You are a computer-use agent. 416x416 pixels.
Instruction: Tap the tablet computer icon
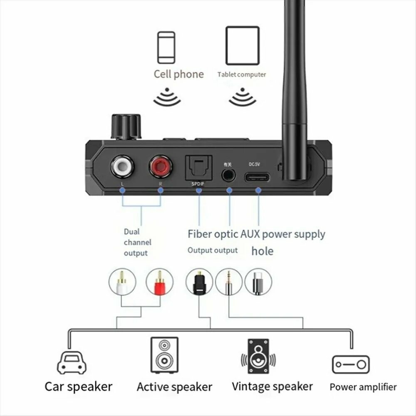[x=242, y=46]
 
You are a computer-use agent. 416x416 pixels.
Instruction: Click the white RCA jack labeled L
[x=122, y=167]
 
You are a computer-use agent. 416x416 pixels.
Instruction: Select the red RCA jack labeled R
[x=161, y=167]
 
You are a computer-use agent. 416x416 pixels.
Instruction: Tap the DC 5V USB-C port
[x=258, y=178]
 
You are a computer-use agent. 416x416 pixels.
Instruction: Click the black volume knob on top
[x=125, y=126]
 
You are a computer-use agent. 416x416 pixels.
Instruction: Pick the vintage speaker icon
[x=258, y=357]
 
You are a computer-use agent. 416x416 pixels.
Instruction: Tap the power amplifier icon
[x=351, y=364]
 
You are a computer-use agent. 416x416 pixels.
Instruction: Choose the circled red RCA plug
[x=159, y=282]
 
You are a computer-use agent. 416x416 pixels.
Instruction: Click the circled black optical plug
[x=199, y=282]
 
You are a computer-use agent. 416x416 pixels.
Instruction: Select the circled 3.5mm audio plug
[x=228, y=282]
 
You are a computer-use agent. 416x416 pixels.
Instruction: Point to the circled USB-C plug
[x=258, y=282]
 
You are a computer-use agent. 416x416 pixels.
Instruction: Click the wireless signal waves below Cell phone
[x=167, y=97]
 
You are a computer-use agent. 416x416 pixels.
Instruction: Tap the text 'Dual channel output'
[x=137, y=242]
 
